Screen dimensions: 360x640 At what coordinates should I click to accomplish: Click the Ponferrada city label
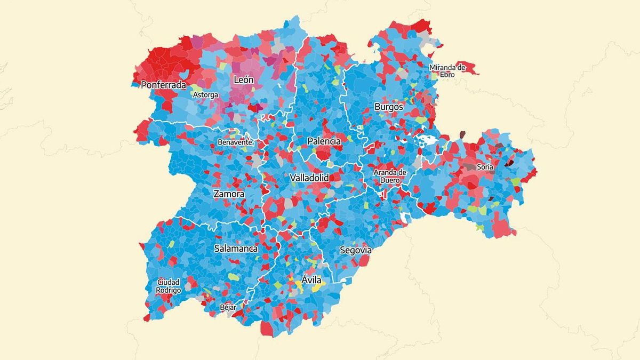pos(163,85)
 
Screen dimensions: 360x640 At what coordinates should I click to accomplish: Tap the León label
pos(243,80)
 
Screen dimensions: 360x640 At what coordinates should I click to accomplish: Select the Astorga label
pos(205,95)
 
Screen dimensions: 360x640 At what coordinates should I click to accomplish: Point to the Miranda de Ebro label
pos(447,71)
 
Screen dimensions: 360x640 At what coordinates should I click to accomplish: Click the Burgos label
pos(389,107)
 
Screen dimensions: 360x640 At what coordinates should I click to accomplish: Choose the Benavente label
pos(234,142)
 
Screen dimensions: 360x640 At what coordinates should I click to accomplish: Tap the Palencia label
pos(324,141)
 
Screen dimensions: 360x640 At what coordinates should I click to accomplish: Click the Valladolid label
pos(309,178)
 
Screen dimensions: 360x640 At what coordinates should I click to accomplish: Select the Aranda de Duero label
pos(390,176)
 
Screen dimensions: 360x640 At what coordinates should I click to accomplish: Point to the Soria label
pos(485,167)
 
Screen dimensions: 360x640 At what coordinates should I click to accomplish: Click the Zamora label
pos(229,194)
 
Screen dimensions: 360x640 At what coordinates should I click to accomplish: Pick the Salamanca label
pos(236,249)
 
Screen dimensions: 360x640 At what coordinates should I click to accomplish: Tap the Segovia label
pos(356,250)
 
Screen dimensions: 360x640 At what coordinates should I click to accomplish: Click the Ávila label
pos(311,279)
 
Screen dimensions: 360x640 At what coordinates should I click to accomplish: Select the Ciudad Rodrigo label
pos(169,286)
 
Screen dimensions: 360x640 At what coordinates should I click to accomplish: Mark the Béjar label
pos(228,307)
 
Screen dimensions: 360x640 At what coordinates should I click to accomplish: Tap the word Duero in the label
pos(390,180)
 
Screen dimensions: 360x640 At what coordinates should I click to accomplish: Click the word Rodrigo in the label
pos(169,290)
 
